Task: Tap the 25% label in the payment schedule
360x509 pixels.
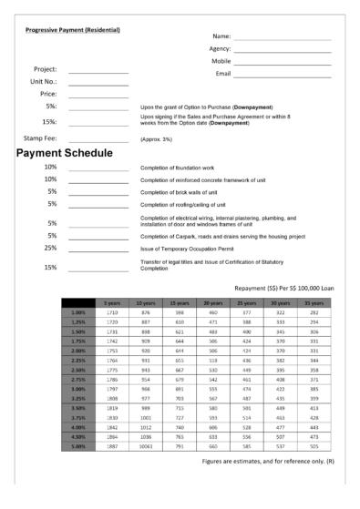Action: (51, 248)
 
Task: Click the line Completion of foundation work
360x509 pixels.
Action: (184, 168)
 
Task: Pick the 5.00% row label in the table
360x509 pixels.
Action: (78, 446)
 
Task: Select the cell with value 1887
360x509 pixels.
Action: (112, 446)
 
